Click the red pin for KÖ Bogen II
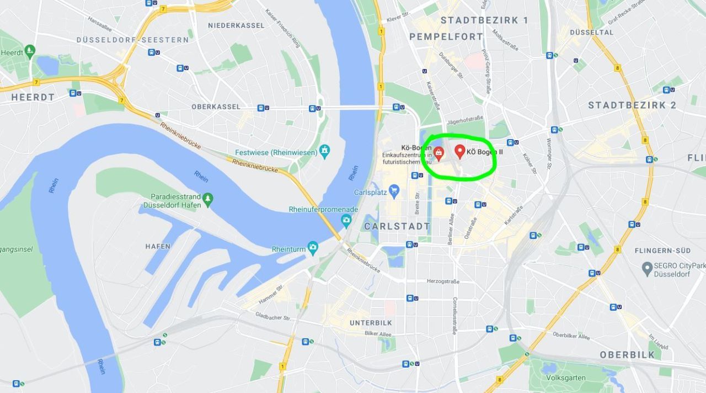[459, 151]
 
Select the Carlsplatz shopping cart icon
[394, 191]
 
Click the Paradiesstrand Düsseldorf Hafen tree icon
[207, 198]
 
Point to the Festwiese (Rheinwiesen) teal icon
[325, 150]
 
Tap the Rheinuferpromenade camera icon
[346, 220]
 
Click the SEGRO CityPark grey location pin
[648, 268]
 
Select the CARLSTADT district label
[397, 226]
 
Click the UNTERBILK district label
[371, 323]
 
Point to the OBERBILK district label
[627, 354]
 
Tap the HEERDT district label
[33, 97]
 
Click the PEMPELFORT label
[446, 36]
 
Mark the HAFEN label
[158, 246]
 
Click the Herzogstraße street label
[443, 281]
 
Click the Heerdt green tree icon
[30, 50]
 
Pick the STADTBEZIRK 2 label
[632, 105]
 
